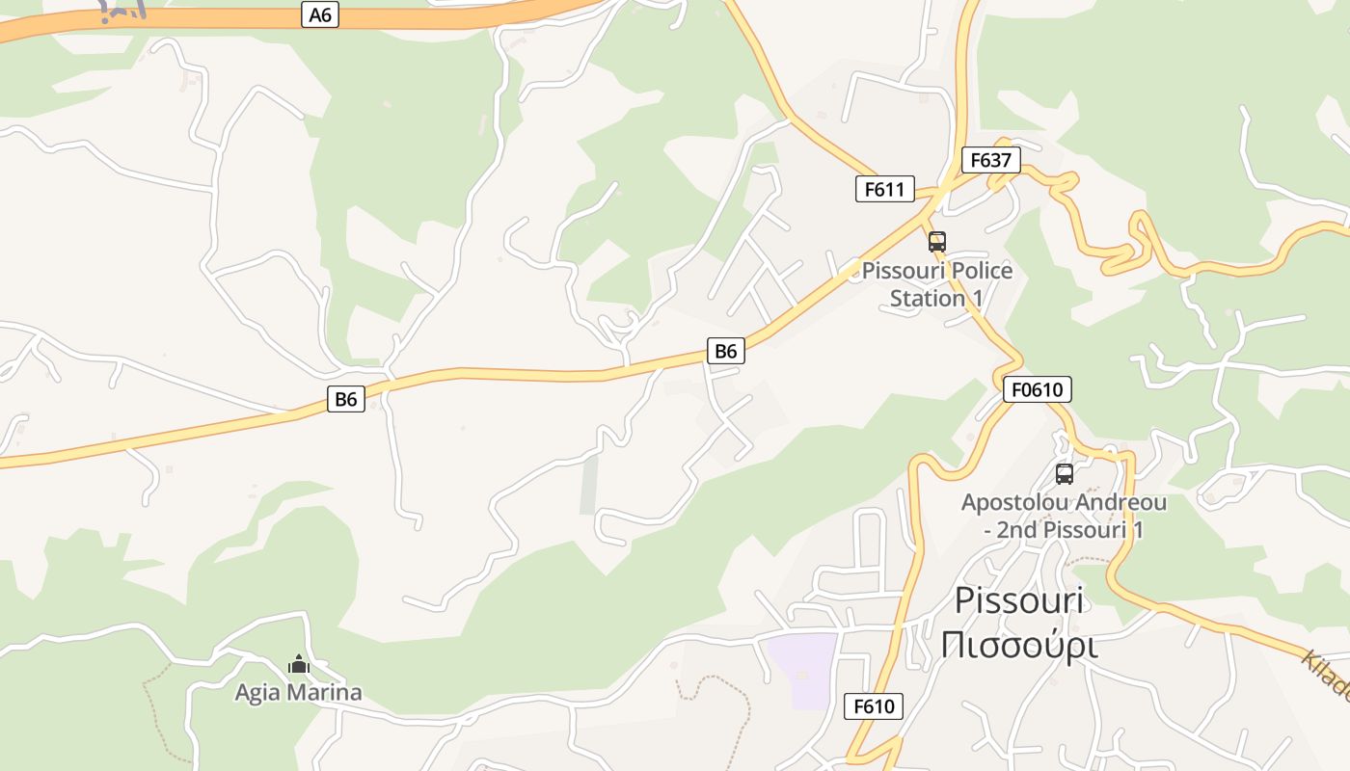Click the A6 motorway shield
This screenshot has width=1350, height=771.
(320, 14)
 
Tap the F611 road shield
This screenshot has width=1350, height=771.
(884, 189)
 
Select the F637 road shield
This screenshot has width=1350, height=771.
(990, 160)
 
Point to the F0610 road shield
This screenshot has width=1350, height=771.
(1038, 389)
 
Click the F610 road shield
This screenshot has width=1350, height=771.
(874, 706)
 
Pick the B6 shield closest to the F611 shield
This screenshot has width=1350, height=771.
(726, 351)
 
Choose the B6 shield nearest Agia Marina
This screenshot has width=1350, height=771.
(346, 399)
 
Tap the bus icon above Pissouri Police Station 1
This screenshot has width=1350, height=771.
(937, 242)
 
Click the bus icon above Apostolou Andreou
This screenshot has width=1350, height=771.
(1065, 474)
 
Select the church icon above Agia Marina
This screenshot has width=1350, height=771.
(299, 664)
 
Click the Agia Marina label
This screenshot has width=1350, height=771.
(299, 692)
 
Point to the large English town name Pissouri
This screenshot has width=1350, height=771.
(1019, 600)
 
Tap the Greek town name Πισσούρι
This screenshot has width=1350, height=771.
(1019, 645)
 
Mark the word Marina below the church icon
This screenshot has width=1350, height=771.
(330, 692)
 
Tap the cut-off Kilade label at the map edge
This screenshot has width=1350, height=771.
(1329, 675)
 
